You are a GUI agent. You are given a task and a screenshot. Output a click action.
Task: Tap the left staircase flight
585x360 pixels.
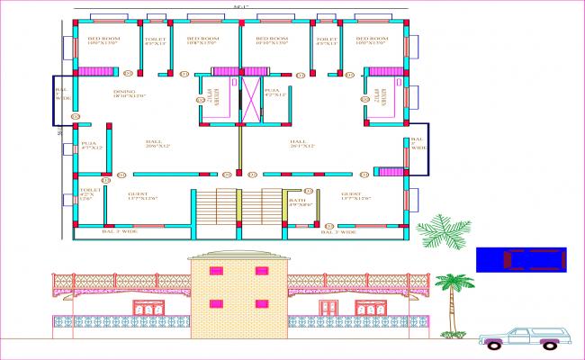click(x=216, y=208)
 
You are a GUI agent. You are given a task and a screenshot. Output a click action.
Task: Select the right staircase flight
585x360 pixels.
click(x=271, y=208)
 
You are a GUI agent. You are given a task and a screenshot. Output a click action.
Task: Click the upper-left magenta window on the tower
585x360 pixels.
click(x=216, y=270)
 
